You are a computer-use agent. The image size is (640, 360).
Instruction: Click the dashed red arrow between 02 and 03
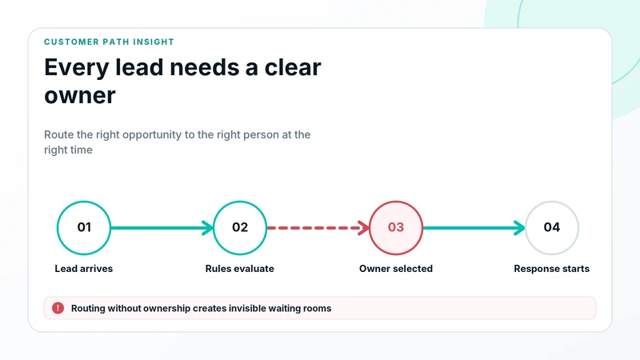(318, 228)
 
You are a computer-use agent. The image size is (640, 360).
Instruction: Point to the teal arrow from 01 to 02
(162, 228)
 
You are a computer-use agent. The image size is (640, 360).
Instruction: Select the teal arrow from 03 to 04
(474, 228)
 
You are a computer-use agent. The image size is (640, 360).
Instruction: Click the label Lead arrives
(84, 269)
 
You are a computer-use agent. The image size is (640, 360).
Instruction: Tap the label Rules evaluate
(239, 269)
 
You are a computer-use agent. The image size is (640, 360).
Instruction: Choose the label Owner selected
(396, 269)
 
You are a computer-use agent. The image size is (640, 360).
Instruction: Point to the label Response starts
(551, 269)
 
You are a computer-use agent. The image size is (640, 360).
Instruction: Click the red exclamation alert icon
(58, 308)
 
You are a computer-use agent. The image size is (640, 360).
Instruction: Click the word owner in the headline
(80, 95)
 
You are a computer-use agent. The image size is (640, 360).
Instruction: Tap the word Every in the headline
(77, 68)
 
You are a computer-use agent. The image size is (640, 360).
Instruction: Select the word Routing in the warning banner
(88, 309)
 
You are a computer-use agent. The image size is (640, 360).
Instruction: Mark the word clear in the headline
(293, 67)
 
